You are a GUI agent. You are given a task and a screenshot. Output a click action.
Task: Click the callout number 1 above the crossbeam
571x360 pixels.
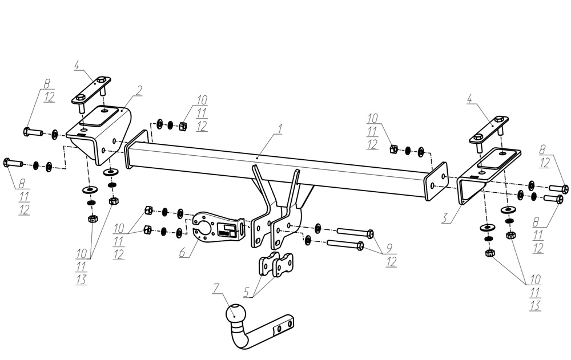tap(280, 130)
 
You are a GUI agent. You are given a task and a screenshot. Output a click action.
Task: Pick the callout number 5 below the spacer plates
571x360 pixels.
tap(247, 293)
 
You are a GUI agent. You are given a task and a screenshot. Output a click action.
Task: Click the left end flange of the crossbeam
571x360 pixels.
tap(137, 150)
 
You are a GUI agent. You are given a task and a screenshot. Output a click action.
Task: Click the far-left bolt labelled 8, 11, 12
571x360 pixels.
tap(13, 162)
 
